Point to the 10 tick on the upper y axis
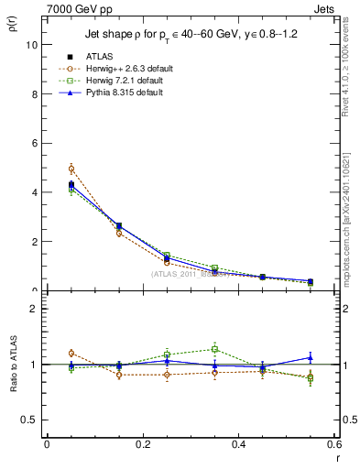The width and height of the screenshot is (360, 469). click(32, 44)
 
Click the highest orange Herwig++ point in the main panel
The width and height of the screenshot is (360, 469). click(71, 169)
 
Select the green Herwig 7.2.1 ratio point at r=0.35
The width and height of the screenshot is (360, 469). click(214, 348)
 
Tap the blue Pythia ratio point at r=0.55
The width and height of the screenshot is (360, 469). click(311, 357)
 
